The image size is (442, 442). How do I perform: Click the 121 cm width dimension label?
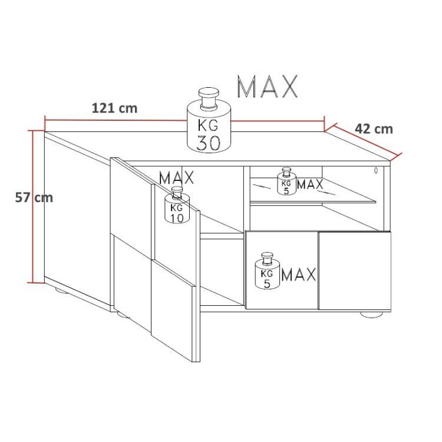[x=114, y=108]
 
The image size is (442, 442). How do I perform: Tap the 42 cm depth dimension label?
[x=374, y=129]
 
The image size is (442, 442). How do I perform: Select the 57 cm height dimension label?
[x=34, y=197]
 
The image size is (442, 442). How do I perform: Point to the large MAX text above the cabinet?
[x=267, y=87]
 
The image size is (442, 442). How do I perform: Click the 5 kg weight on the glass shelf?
[x=287, y=183]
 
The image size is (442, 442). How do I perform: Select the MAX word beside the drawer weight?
[x=299, y=275]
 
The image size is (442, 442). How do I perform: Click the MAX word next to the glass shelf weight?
[x=310, y=184]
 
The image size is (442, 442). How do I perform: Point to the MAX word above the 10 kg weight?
[x=176, y=177]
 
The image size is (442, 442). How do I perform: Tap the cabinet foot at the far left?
[x=62, y=291]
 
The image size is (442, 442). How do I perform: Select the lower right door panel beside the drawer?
[x=354, y=271]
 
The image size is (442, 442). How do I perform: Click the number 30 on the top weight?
[x=209, y=143]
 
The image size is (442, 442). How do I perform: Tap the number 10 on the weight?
[x=176, y=219]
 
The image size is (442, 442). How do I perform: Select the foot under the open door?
[x=123, y=315]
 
